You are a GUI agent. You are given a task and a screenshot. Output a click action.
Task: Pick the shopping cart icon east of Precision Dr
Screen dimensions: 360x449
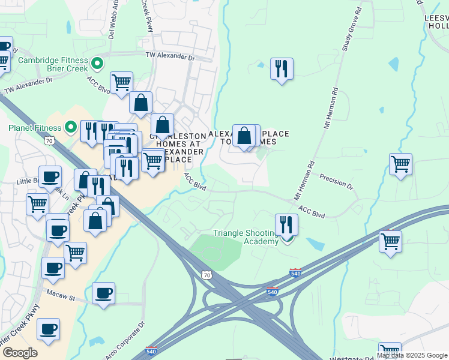400,163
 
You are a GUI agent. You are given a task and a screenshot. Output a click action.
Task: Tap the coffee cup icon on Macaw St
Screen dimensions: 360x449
104,293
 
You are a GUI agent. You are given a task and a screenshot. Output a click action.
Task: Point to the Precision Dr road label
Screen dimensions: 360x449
336,181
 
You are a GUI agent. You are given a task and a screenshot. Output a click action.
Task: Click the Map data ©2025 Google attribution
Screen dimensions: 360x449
412,355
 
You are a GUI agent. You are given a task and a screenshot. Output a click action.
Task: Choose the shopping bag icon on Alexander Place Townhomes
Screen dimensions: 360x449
244,135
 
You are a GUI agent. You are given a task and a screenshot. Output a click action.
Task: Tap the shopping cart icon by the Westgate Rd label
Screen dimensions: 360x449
390,352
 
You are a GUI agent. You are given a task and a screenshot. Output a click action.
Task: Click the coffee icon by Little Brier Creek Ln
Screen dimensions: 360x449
50,176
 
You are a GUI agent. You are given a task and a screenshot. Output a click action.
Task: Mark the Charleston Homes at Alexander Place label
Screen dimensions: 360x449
179,148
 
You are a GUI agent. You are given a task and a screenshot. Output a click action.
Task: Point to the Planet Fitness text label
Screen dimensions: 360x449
35,128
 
